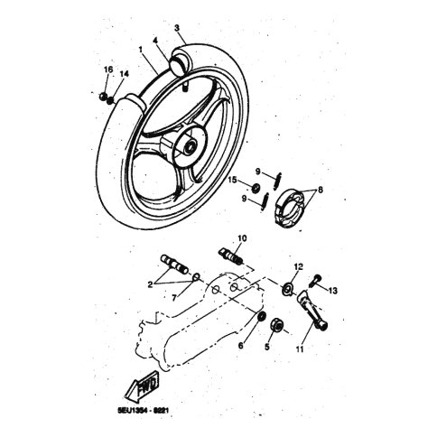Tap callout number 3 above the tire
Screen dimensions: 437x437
(176, 28)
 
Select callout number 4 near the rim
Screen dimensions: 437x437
(155, 42)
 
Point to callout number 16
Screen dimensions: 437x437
(108, 70)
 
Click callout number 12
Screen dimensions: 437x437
(298, 266)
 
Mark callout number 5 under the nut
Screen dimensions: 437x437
(266, 346)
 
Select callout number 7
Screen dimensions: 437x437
(177, 296)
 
